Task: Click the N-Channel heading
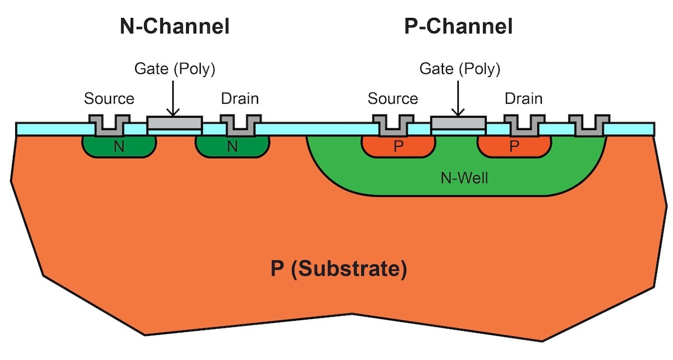174,26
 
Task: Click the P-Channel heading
458,26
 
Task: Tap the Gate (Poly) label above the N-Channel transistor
174,69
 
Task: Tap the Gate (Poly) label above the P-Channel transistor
460,69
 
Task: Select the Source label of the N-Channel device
109,99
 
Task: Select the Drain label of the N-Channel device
240,99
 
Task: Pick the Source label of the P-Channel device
393,99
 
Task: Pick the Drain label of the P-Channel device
523,99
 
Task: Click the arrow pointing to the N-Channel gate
174,98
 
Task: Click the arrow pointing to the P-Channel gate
458,98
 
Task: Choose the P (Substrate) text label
338,269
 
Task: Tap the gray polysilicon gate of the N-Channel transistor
174,122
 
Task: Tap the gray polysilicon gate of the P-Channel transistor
458,122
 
